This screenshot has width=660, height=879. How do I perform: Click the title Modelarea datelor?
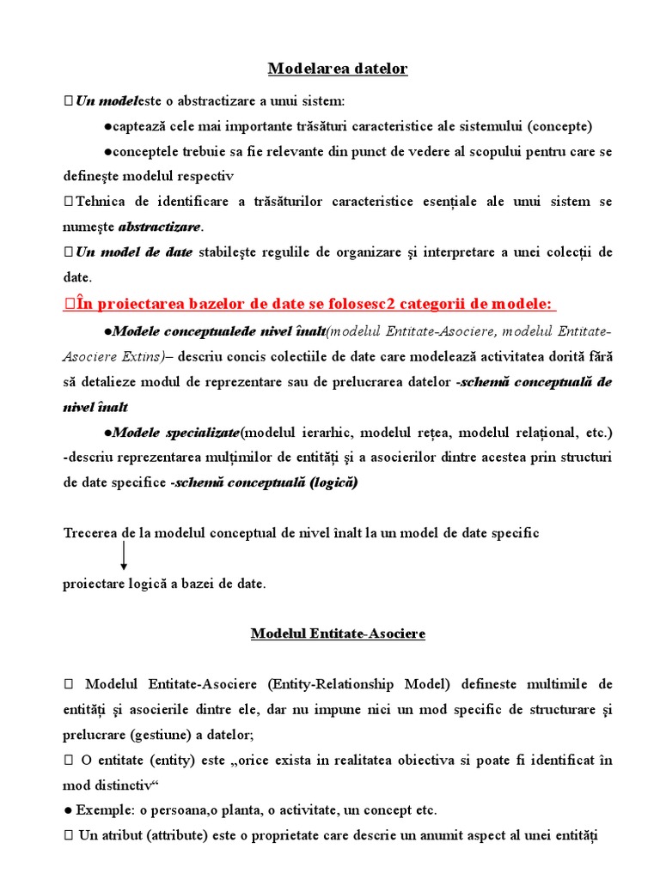click(338, 69)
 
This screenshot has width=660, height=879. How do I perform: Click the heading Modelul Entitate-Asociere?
click(338, 633)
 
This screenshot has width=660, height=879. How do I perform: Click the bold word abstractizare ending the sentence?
click(159, 227)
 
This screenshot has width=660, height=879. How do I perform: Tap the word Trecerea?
click(92, 533)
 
